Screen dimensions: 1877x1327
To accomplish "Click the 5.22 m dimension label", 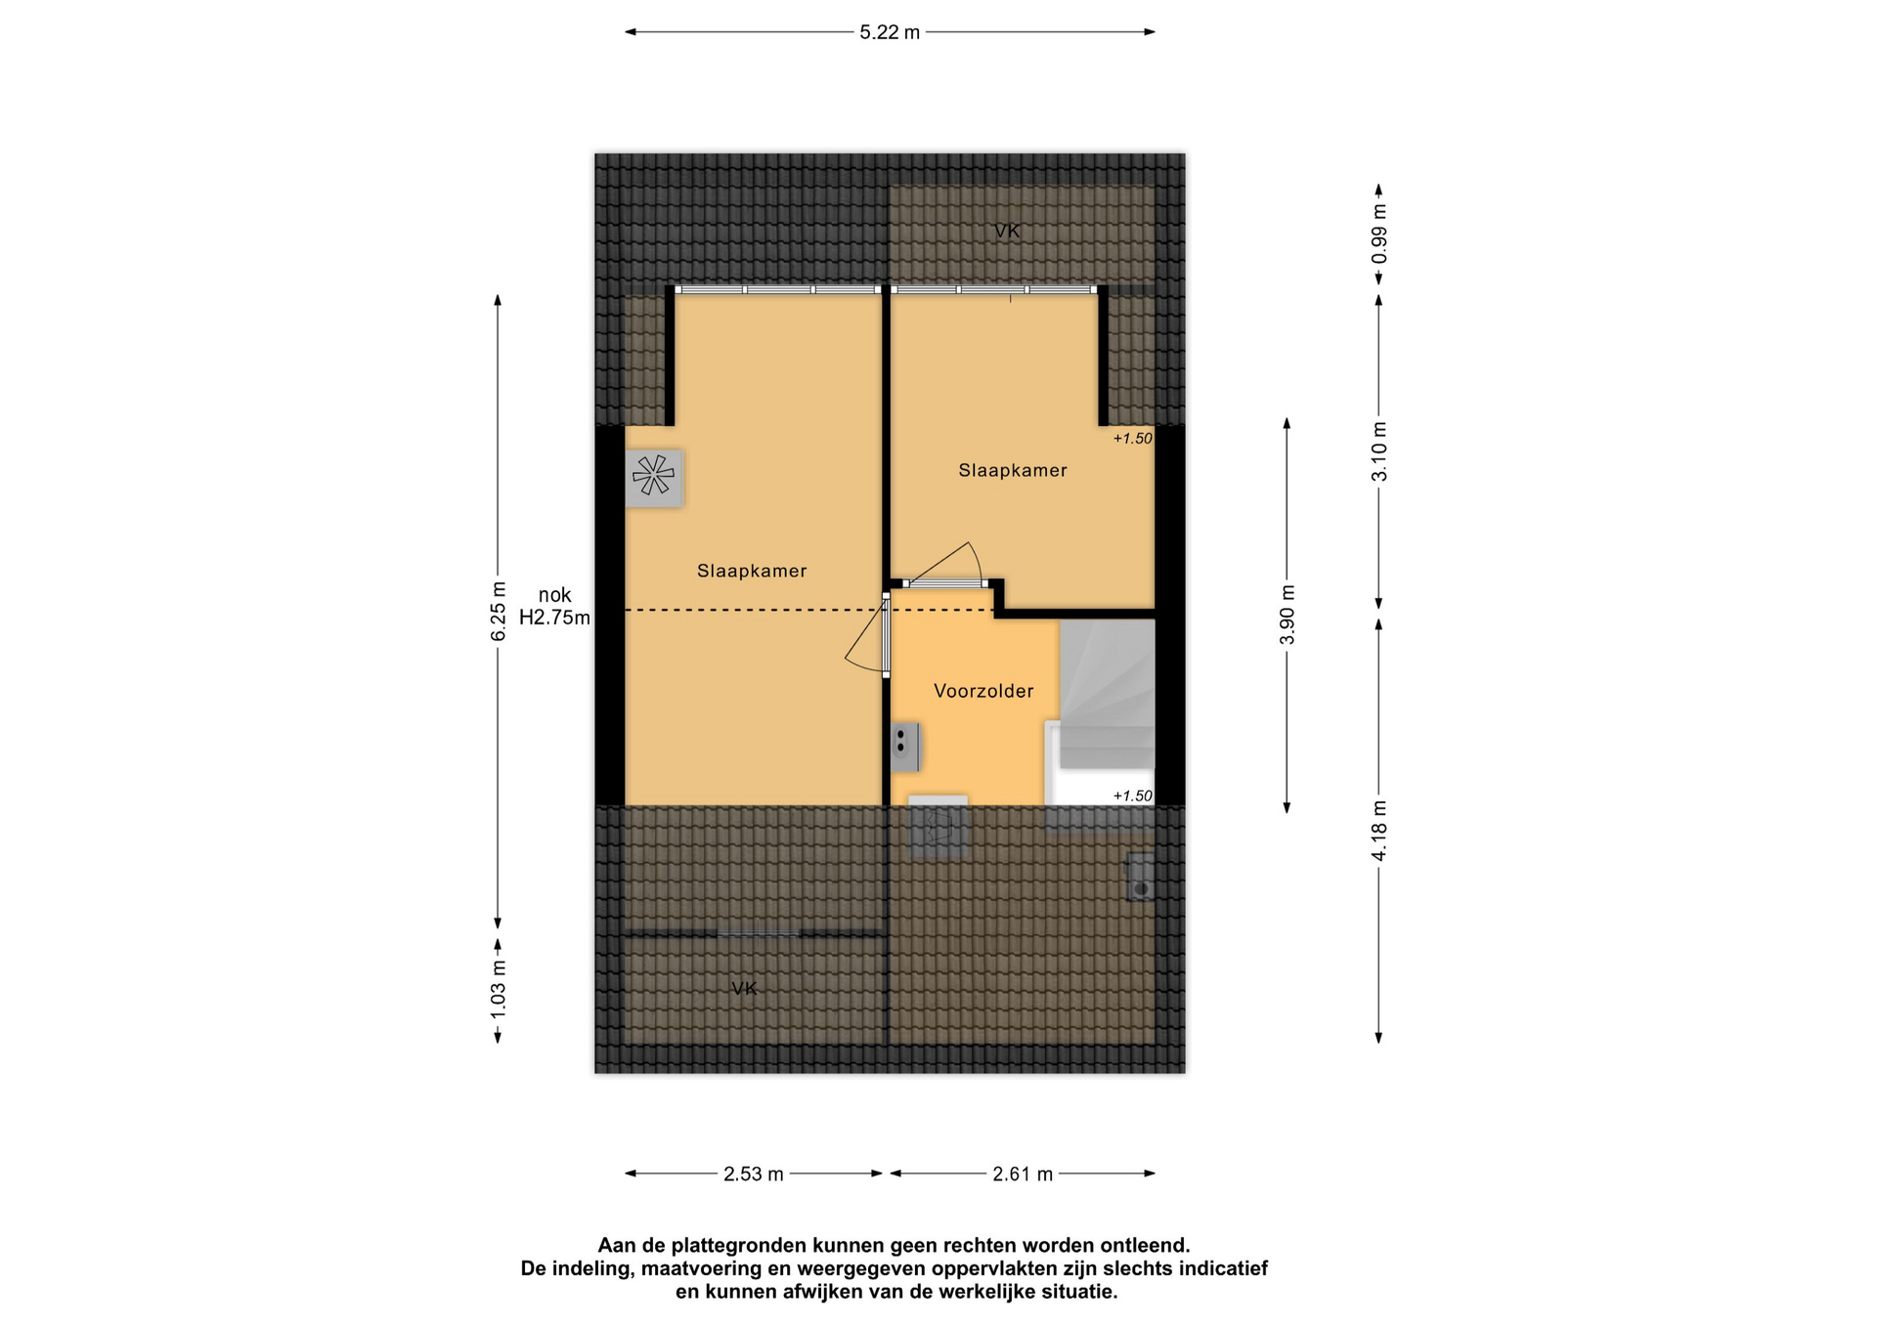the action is click(x=890, y=32).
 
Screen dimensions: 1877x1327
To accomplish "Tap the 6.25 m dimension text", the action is click(x=499, y=612).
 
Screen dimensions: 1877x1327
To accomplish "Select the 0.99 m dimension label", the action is click(x=1379, y=234).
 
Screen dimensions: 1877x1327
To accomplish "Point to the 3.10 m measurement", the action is click(x=1379, y=451).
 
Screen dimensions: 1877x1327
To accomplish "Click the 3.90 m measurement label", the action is click(x=1288, y=615).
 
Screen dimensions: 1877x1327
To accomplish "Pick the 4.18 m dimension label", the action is click(x=1379, y=831).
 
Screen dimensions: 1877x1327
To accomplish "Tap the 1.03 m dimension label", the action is click(x=499, y=989).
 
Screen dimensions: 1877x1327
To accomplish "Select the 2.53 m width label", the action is click(x=754, y=1174).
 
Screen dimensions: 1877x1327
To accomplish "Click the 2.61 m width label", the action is click(x=1023, y=1174).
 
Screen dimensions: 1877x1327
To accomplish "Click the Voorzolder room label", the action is click(x=983, y=691).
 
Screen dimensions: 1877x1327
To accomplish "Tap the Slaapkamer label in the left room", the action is click(x=752, y=571).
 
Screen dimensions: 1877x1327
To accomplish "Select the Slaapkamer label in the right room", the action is click(x=1013, y=470).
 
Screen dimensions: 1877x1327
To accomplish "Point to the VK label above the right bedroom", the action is click(x=1007, y=232).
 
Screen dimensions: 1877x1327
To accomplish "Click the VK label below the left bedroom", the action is click(x=745, y=989).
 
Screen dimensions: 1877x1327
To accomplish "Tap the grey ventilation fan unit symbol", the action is click(x=654, y=478).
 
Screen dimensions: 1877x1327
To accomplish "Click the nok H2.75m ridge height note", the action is click(x=554, y=606).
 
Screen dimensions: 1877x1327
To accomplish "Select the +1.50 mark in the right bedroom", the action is click(x=1133, y=439).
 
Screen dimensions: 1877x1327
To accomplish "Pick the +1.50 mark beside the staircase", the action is click(x=1133, y=796).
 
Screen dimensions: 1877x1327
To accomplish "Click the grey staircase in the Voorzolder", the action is click(x=1108, y=694).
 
